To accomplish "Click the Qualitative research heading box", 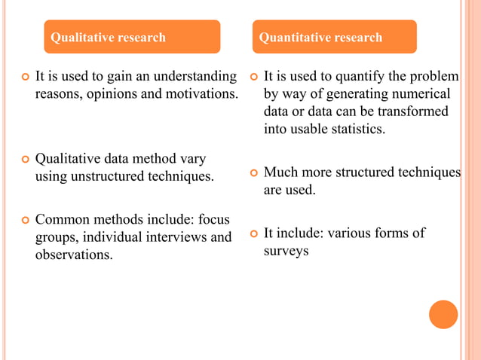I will click(132, 37).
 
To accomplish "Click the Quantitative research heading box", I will click(335, 37).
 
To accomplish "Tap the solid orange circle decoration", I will click(443, 314).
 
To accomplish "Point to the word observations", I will click(74, 255).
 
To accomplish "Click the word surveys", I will click(286, 251).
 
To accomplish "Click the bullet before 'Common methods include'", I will click(24, 220).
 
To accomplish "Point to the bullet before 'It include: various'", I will click(253, 233).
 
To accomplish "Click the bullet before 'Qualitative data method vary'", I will click(24, 160).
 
